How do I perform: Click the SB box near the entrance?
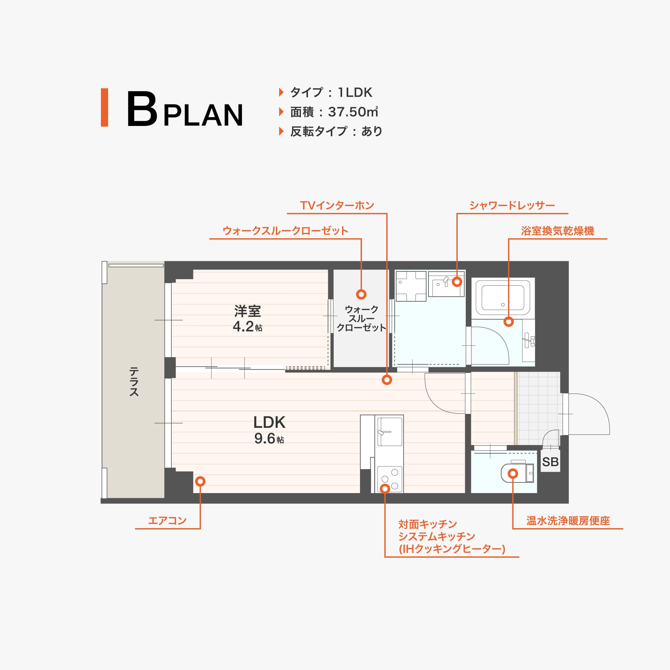(550, 462)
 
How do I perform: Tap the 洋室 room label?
(247, 311)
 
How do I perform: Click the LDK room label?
(269, 422)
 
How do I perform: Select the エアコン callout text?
(167, 521)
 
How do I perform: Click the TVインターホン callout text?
(337, 206)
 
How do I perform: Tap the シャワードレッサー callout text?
(512, 206)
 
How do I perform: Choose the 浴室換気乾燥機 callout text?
(557, 231)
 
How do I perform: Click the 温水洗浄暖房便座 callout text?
(568, 521)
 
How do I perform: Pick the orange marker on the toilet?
(513, 473)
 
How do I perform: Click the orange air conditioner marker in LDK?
(200, 481)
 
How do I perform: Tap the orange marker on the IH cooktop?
(385, 489)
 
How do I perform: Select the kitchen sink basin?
(390, 432)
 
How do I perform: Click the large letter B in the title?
(142, 109)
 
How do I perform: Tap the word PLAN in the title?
(203, 115)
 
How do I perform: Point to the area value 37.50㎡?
(353, 112)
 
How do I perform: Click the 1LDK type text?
(355, 93)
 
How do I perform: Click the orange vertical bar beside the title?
(105, 107)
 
